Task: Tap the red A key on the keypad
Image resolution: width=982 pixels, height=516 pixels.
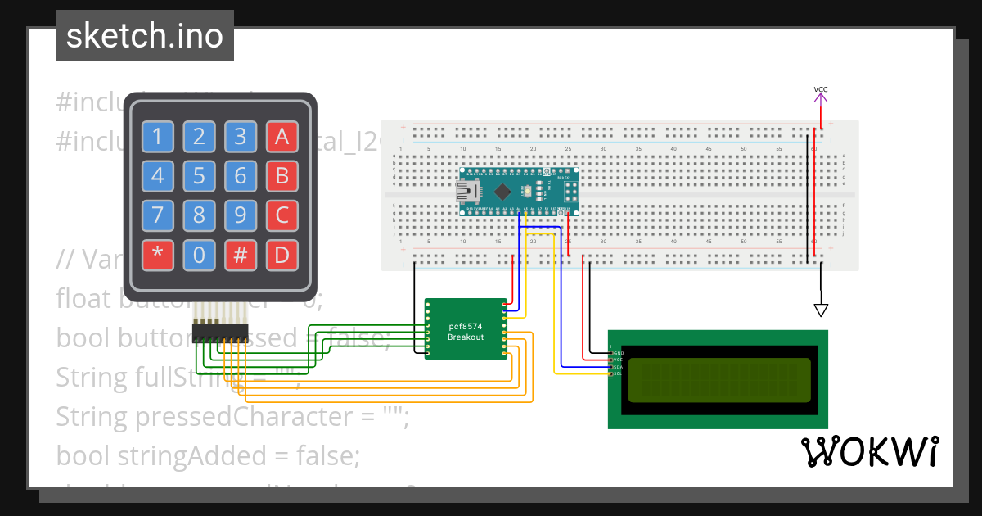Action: click(x=282, y=137)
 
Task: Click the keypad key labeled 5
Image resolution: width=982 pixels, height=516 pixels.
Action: click(x=199, y=176)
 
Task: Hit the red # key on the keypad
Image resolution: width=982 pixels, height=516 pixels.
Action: click(x=241, y=256)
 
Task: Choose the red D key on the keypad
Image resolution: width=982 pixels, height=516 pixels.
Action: click(x=282, y=256)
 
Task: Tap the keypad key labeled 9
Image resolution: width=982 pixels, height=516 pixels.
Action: click(x=241, y=216)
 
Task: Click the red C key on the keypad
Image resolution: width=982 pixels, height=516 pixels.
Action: click(x=282, y=216)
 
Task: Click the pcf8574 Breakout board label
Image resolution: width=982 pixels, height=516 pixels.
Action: click(x=466, y=332)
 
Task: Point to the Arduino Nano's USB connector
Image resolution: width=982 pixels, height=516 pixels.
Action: click(x=467, y=192)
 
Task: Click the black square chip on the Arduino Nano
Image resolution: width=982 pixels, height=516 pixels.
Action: click(x=502, y=192)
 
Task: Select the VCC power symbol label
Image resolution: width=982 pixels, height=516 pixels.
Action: click(x=820, y=89)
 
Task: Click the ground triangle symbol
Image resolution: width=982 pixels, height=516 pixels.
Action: click(x=820, y=310)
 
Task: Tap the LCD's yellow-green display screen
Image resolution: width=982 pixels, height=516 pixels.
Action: click(x=718, y=379)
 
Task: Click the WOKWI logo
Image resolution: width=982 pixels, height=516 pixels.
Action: click(x=869, y=452)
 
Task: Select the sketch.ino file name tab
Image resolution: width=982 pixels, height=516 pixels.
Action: click(x=145, y=36)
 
